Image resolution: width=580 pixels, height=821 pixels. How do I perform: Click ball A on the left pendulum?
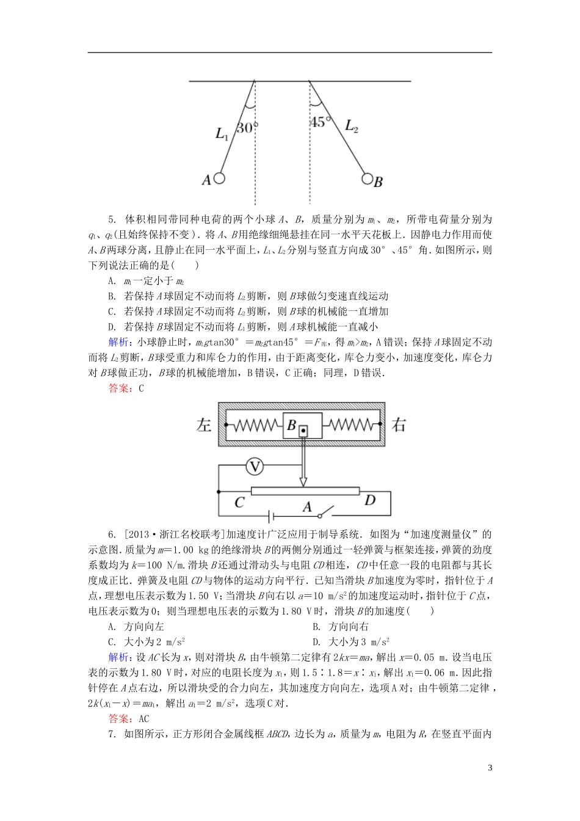point(219,179)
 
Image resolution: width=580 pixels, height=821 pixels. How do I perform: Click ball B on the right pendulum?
point(367,178)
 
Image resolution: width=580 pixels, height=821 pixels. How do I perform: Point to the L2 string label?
point(352,126)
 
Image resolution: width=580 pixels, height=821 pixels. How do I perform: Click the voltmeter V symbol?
point(255,467)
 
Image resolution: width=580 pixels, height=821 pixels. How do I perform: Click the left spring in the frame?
point(255,425)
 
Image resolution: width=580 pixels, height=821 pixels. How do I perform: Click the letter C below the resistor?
point(240,502)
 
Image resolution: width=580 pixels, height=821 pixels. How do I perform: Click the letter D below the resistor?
point(370,500)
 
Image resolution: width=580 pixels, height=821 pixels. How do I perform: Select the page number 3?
point(490,768)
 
